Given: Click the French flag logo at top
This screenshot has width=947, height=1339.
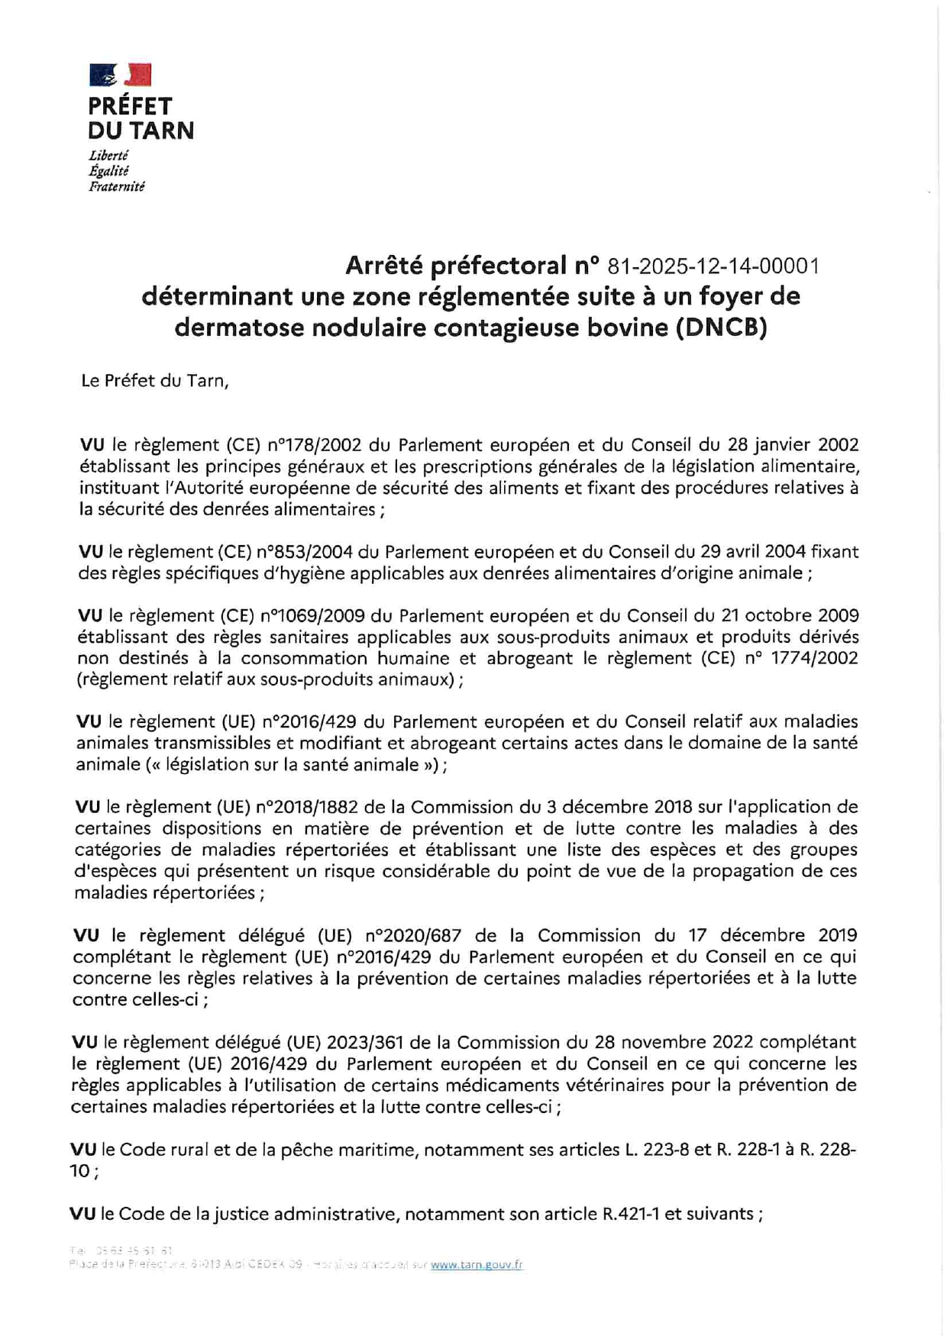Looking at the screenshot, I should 120,75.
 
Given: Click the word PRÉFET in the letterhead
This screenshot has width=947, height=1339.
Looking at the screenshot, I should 130,106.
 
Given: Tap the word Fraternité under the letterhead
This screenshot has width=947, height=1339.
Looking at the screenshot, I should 116,186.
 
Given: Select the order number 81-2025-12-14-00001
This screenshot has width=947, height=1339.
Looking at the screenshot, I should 713,266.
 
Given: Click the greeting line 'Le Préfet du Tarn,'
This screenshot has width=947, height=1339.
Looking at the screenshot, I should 154,380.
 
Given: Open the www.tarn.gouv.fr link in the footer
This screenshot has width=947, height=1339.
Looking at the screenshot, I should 477,1264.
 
